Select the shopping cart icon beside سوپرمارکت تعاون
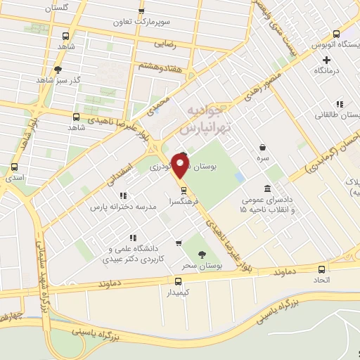click(142, 12)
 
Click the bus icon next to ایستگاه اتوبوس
click(336, 34)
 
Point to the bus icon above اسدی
click(15, 167)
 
